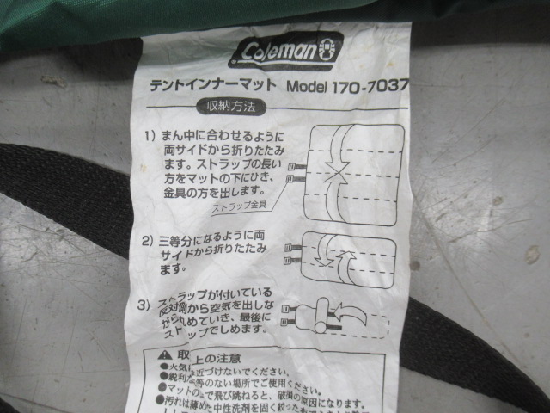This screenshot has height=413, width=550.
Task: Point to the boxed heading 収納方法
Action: [x=231, y=109]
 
